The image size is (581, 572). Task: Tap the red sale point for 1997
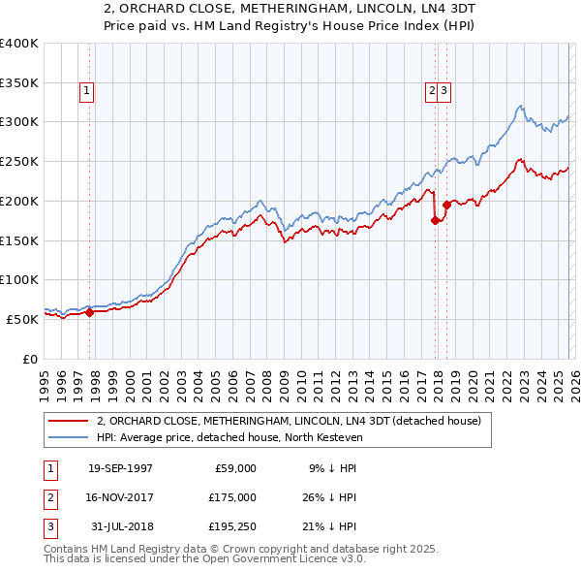[x=89, y=312]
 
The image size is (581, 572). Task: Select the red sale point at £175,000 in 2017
[x=435, y=220]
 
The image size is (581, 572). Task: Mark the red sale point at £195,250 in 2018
[x=446, y=205]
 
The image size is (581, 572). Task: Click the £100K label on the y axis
[x=19, y=279]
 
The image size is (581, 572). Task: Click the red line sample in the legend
[x=69, y=422]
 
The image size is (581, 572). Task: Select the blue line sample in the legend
[x=69, y=438]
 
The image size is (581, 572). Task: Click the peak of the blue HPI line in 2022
[x=520, y=106]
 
